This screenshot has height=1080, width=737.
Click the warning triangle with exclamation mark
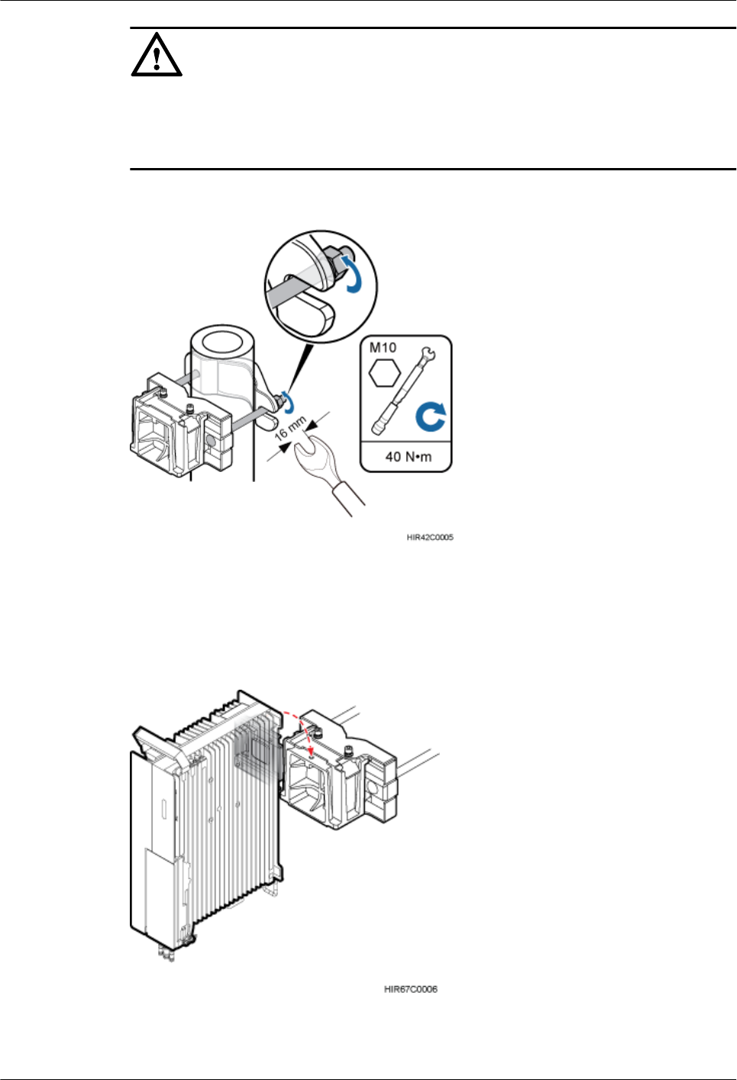[157, 56]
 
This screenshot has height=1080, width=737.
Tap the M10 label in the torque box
[383, 348]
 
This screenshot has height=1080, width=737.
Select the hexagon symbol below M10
[384, 373]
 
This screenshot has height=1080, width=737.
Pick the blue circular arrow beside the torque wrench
[431, 417]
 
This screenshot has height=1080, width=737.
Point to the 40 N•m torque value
[408, 457]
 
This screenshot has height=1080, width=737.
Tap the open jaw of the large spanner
[309, 448]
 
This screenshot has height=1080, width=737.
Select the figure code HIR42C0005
[429, 538]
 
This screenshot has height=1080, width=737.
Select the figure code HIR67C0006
[410, 989]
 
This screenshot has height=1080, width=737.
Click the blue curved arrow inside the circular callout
[352, 273]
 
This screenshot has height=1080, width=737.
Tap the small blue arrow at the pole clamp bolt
[289, 399]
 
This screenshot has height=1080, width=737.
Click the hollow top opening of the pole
[221, 341]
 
